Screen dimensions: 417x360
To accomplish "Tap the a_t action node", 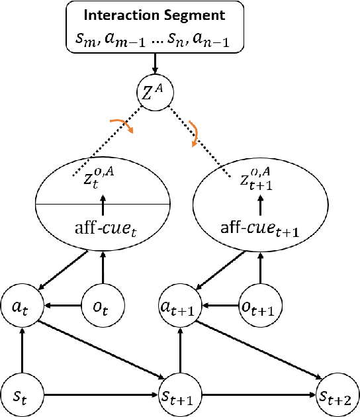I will [x=21, y=307].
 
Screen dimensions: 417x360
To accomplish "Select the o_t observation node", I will [x=101, y=307].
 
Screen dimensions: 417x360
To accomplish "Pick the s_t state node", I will [x=21, y=396].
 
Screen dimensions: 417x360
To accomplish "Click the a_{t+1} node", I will [x=179, y=307].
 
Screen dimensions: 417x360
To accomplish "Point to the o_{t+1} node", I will [x=259, y=307].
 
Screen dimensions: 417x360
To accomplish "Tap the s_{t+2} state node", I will [x=337, y=396].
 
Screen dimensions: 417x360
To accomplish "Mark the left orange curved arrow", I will [x=123, y=124].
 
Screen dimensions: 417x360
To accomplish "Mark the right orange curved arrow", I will [x=195, y=132].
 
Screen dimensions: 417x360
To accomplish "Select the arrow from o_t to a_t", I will [x=60, y=307].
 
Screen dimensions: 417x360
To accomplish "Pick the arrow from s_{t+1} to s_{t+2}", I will [x=258, y=396].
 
